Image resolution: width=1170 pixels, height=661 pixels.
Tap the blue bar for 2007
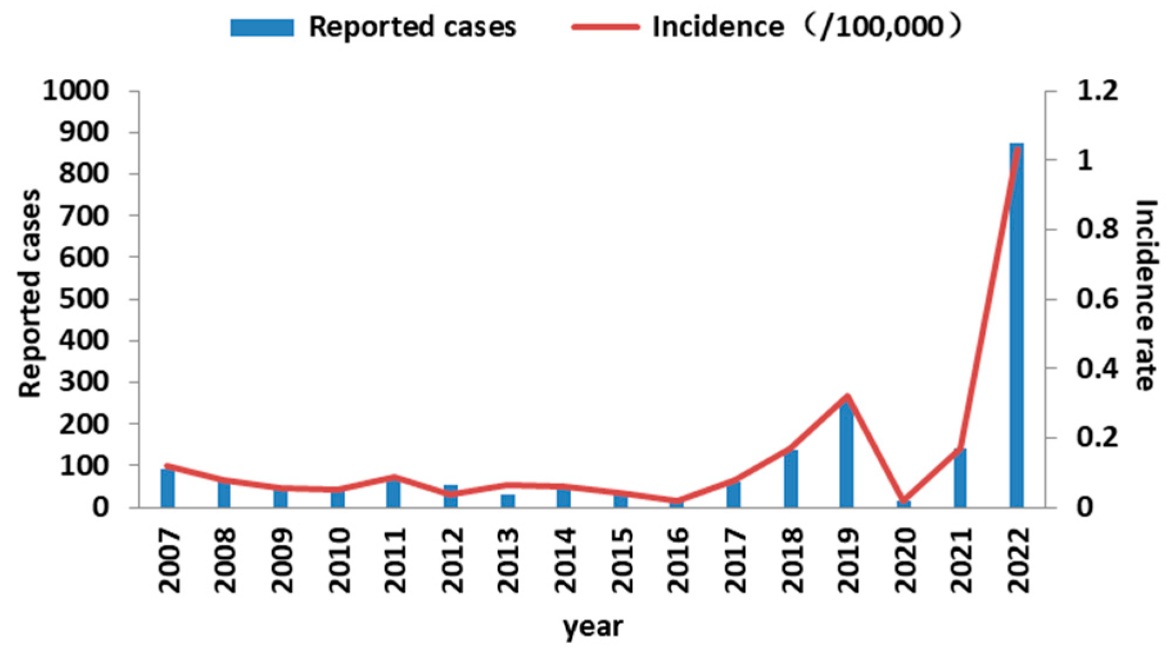coord(168,488)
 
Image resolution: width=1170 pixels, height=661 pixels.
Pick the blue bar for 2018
coord(790,479)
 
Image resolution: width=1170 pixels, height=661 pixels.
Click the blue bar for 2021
coord(960,478)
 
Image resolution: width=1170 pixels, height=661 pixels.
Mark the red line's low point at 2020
coord(904,500)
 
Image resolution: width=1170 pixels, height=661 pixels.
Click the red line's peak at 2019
coord(847,396)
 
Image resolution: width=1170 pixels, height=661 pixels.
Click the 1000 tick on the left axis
coord(76,91)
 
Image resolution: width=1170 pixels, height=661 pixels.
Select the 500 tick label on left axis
coord(84,299)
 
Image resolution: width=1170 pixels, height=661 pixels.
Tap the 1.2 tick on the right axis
coord(1097,91)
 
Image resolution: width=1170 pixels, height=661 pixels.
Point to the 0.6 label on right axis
coord(1097,299)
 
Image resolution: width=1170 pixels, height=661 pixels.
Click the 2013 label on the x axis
coord(508,560)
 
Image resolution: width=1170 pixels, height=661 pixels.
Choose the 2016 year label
coord(678,560)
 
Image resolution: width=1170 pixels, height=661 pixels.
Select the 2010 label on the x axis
coord(339,560)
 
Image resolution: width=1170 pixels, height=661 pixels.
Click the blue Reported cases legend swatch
coord(262,28)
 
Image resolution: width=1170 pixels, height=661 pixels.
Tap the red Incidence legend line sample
coord(606,27)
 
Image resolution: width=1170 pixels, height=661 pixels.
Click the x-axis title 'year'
coord(592,627)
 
